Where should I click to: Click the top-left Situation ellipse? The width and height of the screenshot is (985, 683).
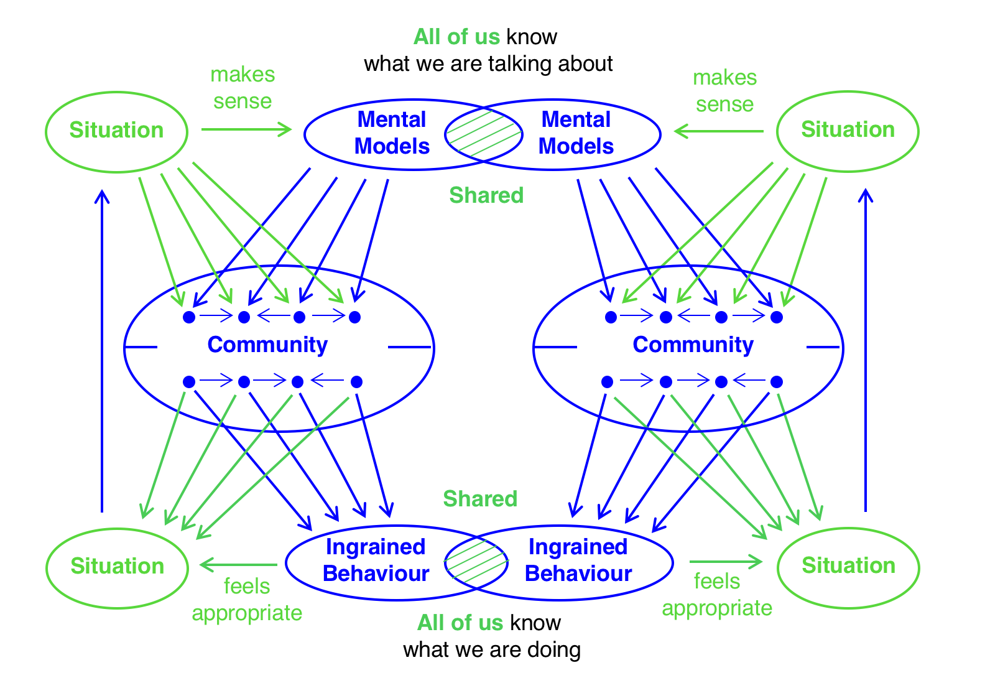(x=116, y=131)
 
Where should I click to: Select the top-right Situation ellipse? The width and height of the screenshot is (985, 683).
(x=848, y=131)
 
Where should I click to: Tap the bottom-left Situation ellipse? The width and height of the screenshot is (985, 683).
(x=117, y=567)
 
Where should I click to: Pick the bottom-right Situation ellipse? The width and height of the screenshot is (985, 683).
(x=848, y=567)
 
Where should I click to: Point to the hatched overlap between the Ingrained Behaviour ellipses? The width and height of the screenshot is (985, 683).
(x=476, y=562)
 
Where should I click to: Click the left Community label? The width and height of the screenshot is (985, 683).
(x=267, y=345)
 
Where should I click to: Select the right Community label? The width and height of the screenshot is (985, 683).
(x=693, y=345)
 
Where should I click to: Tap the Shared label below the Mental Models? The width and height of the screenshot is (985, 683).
(x=486, y=195)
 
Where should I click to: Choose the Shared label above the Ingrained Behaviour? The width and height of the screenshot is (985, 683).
(x=480, y=499)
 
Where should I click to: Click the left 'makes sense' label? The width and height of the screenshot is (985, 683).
(x=243, y=88)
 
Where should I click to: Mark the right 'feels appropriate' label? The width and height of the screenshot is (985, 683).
(x=717, y=595)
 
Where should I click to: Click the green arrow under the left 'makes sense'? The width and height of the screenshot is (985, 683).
(x=246, y=129)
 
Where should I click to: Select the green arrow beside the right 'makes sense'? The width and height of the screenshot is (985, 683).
(x=719, y=131)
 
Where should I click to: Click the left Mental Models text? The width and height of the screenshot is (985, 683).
(x=392, y=132)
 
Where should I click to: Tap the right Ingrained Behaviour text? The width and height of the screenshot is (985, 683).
(x=578, y=560)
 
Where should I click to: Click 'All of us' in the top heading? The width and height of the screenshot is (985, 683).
(x=457, y=37)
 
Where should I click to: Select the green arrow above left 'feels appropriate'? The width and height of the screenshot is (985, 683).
(x=239, y=565)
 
